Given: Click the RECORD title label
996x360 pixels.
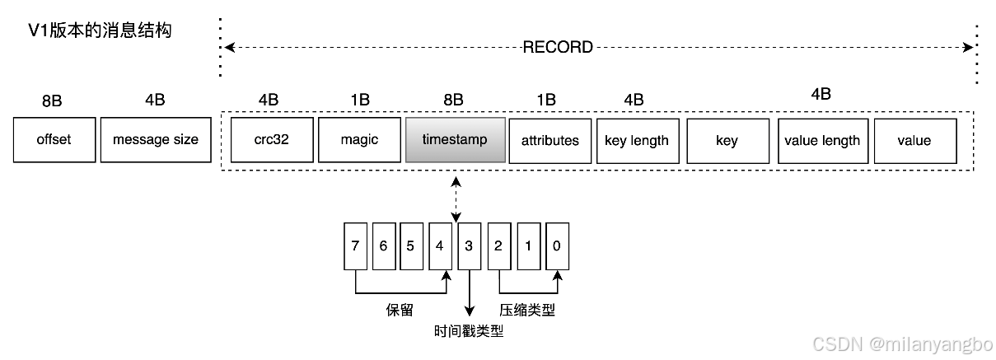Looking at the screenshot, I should pyautogui.click(x=558, y=47).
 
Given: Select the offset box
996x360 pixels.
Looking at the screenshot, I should pyautogui.click(x=54, y=140).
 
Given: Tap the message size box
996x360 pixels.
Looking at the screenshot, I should pyautogui.click(x=156, y=140).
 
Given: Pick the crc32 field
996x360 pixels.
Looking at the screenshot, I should pyautogui.click(x=272, y=140).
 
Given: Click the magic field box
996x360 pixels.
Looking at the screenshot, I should pyautogui.click(x=359, y=140).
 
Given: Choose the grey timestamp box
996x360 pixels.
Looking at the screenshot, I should pyautogui.click(x=454, y=140).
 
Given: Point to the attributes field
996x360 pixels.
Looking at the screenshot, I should pyautogui.click(x=549, y=140).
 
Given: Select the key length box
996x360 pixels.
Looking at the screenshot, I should pyautogui.click(x=637, y=140).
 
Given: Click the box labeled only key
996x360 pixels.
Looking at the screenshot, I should pyautogui.click(x=727, y=140).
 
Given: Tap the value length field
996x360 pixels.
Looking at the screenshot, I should pyautogui.click(x=822, y=140).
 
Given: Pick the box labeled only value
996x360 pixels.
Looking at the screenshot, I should pyautogui.click(x=914, y=140).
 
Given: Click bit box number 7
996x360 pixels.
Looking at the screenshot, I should pyautogui.click(x=355, y=245).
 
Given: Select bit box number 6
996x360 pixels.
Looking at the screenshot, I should pyautogui.click(x=383, y=245).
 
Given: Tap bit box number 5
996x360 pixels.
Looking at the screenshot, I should pyautogui.click(x=411, y=245).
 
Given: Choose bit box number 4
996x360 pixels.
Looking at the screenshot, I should pyautogui.click(x=440, y=245).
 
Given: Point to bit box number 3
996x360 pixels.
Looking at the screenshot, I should pyautogui.click(x=469, y=245).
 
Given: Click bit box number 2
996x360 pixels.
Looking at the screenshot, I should pyautogui.click(x=498, y=245).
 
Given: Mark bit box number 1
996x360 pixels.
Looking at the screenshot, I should pyautogui.click(x=528, y=245).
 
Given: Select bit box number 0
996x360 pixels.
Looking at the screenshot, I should pyautogui.click(x=557, y=245).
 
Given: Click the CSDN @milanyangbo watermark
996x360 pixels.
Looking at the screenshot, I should pyautogui.click(x=901, y=343).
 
